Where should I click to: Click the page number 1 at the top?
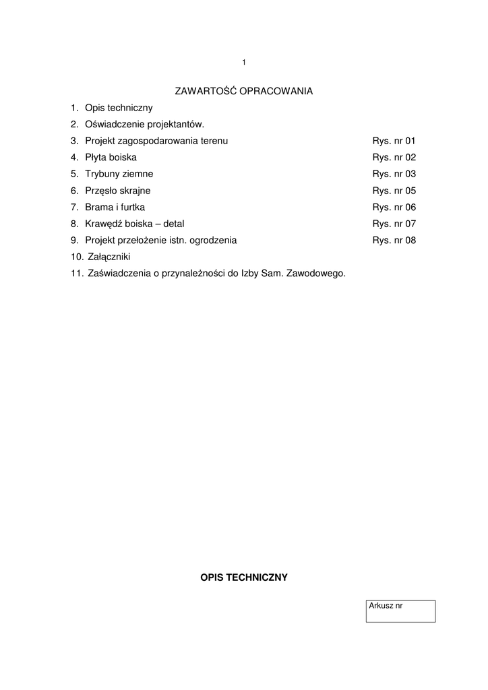pos(244,63)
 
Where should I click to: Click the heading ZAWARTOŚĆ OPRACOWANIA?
pos(244,90)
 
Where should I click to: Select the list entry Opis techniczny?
pos(119,108)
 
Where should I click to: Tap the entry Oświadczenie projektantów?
pos(144,124)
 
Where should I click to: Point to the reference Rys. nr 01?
pos(394,141)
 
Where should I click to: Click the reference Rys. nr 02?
pos(394,158)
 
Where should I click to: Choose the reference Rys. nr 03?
pos(394,174)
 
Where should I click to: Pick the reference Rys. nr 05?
pos(394,191)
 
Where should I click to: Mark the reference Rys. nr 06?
pos(394,207)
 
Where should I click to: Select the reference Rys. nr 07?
pos(394,224)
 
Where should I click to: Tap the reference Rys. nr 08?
pos(394,240)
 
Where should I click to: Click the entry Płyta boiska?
pos(111,158)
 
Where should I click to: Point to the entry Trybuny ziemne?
pos(119,174)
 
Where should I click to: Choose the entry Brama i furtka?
pos(115,207)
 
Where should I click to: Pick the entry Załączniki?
pos(109,257)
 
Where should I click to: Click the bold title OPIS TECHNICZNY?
pos(244,577)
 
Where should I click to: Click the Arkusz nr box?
pos(400,611)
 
